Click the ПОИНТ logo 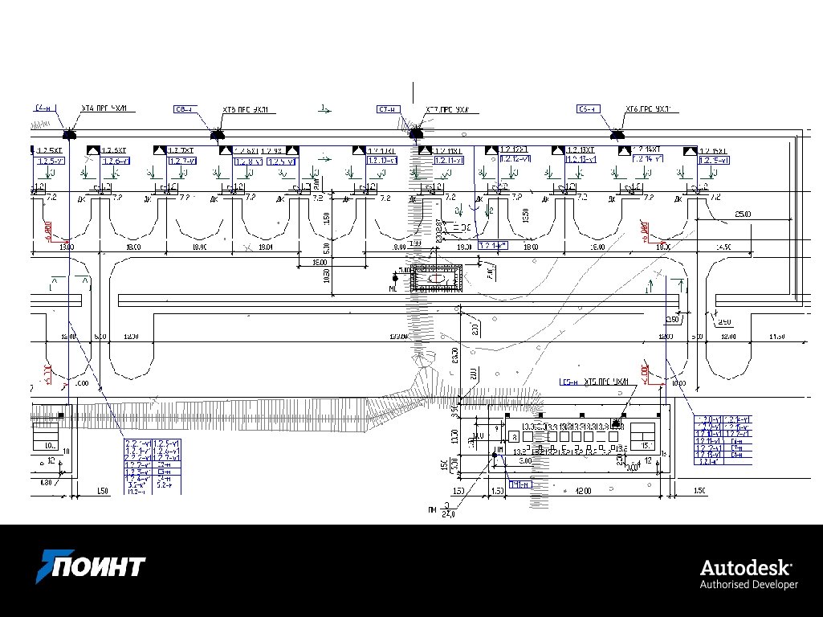pyautogui.click(x=91, y=567)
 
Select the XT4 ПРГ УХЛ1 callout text pyautogui.click(x=108, y=108)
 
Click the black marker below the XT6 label pyautogui.click(x=617, y=135)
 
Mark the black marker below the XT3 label pyautogui.click(x=217, y=135)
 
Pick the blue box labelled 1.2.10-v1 pyautogui.click(x=382, y=161)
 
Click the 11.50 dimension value pyautogui.click(x=776, y=336)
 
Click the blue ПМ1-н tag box pyautogui.click(x=519, y=484)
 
